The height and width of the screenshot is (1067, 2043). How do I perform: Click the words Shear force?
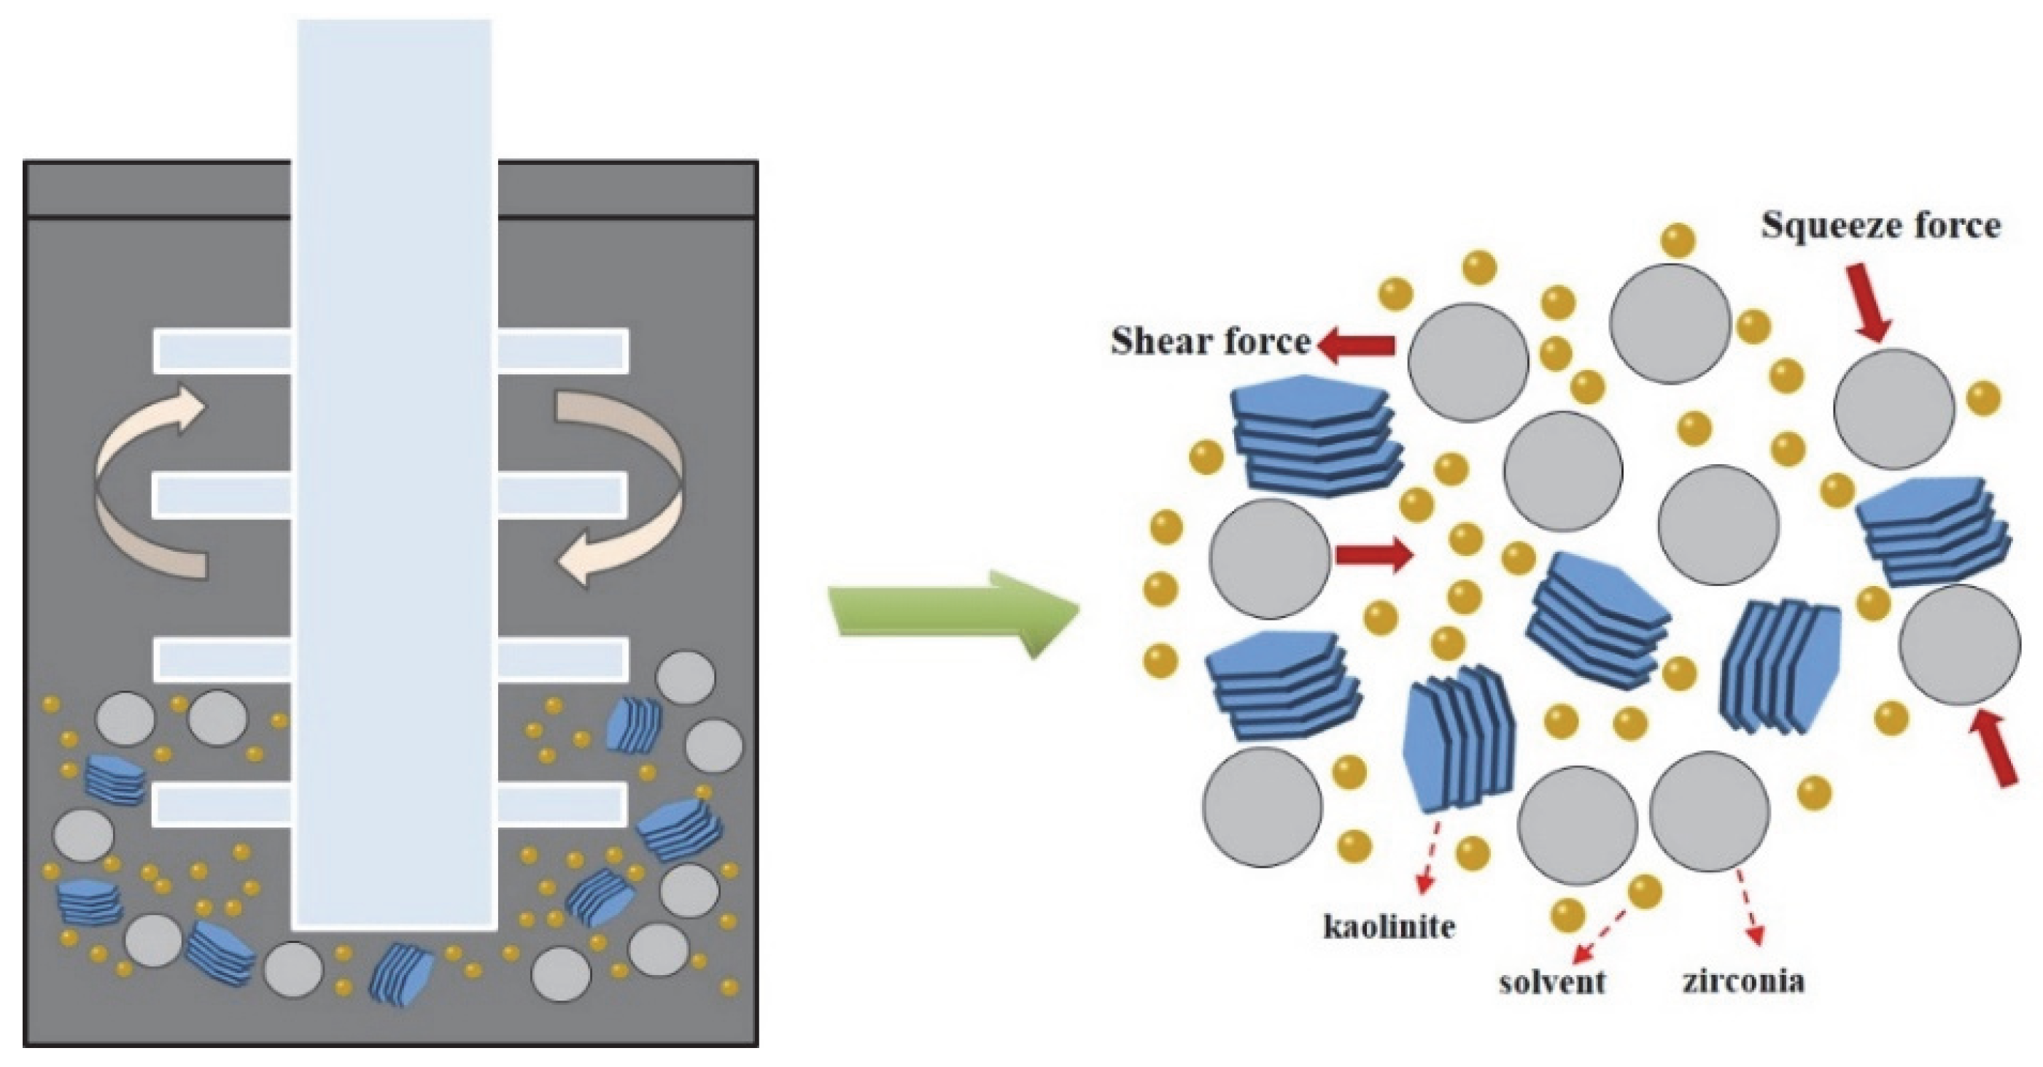click(1210, 342)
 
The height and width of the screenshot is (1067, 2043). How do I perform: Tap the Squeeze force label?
click(1880, 226)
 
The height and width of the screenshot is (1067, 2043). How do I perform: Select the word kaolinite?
click(1389, 927)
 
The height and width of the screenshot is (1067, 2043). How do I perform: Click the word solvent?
click(1551, 982)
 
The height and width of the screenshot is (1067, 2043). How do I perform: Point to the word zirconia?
click(1742, 981)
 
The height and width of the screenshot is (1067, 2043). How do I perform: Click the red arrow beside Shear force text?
click(1356, 345)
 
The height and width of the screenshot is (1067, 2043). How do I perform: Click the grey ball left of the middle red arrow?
click(1270, 558)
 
